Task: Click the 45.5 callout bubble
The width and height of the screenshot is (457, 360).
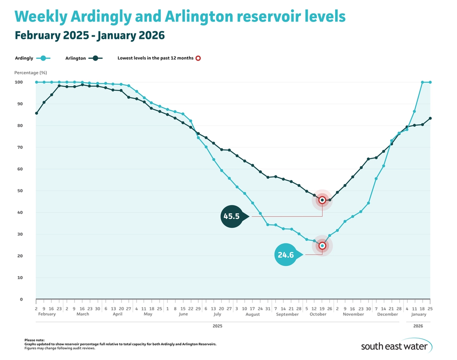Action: point(231,217)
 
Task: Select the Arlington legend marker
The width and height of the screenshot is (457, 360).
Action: point(95,58)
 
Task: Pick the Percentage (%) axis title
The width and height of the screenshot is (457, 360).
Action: point(30,72)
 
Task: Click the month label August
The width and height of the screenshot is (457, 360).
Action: point(253,314)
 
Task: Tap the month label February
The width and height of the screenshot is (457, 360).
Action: point(47,314)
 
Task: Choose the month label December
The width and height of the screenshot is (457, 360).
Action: point(387,314)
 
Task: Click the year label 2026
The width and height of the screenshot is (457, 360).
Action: point(418,327)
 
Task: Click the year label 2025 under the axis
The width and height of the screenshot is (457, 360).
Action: point(217,327)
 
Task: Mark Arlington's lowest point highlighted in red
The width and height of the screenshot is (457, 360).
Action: point(322,200)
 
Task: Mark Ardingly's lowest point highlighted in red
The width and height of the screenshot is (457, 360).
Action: point(322,246)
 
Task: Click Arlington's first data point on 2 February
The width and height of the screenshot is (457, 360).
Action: point(36,113)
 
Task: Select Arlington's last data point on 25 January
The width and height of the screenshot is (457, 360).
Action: point(430,118)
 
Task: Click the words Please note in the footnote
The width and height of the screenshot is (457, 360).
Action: point(34,340)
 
